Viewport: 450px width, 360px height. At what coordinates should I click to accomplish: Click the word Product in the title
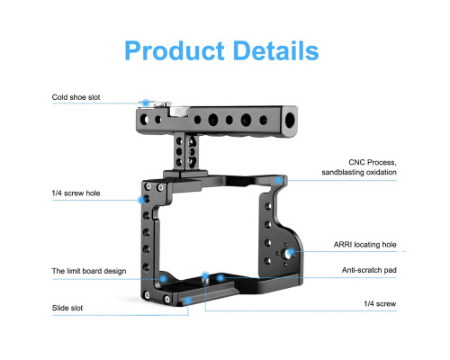coord(175,51)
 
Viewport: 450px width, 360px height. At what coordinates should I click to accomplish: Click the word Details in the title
coord(275,50)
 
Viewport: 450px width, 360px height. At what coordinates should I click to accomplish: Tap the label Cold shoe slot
coord(76,97)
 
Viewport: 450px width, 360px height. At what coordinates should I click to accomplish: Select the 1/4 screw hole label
coord(76,193)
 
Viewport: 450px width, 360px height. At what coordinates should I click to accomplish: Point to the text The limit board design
coord(89,271)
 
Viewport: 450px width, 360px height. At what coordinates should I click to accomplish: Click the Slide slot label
coord(67,308)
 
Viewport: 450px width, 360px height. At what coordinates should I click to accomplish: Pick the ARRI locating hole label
coord(364,245)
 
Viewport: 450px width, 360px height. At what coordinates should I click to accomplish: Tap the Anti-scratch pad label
coord(369,270)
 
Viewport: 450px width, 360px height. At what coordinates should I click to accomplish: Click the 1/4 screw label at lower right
coord(380,303)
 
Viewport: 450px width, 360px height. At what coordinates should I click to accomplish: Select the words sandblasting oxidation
coord(359,172)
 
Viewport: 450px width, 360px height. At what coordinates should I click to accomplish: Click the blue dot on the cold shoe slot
coord(146,103)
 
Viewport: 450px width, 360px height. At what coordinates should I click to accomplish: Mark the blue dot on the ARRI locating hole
coord(291,251)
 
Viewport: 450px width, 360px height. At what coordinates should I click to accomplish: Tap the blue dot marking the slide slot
coord(188,301)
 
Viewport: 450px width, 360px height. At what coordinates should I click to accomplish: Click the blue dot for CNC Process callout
coord(279,180)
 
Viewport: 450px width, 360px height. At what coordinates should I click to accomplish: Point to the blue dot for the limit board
coord(163,279)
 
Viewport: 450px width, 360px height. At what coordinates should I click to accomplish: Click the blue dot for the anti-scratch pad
coord(220,278)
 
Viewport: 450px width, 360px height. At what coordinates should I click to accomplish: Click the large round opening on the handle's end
coord(291,121)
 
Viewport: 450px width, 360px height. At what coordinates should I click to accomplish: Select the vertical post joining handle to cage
coord(185,152)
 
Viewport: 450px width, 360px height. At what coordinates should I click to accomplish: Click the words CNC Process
coord(373,162)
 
